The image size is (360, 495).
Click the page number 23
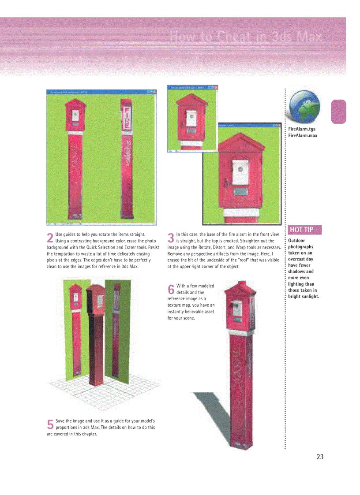[x=320, y=457]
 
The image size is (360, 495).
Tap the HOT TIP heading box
[x=305, y=230]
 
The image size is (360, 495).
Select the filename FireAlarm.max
[x=303, y=135]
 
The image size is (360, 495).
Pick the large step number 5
[x=50, y=424]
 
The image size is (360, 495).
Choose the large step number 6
[x=171, y=289]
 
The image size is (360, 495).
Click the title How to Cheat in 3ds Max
[x=246, y=37]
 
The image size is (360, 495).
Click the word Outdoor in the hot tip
[x=296, y=241]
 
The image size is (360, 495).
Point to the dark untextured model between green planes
[x=95, y=335]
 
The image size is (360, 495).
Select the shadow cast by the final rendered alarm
[x=212, y=410]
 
